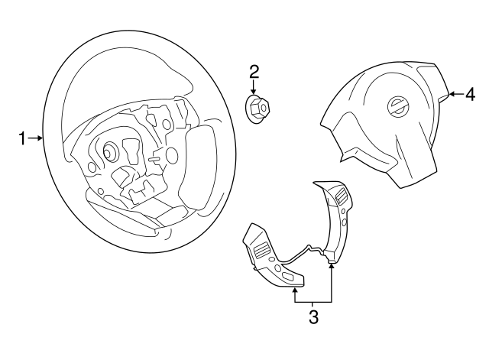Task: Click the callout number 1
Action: [x=22, y=138]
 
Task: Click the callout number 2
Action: [x=254, y=72]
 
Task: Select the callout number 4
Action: [x=471, y=95]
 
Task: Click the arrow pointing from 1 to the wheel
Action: [x=36, y=138]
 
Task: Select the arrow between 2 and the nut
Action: [x=254, y=87]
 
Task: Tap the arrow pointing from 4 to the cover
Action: [x=453, y=95]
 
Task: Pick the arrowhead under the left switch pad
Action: [x=294, y=290]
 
